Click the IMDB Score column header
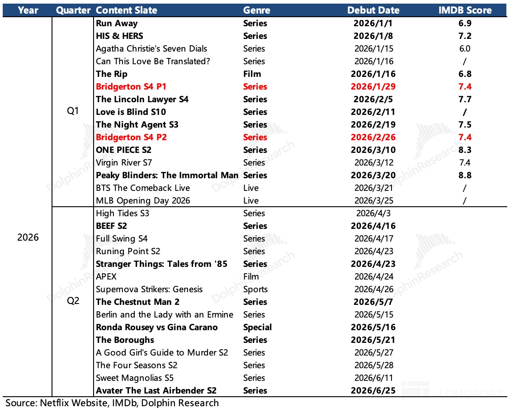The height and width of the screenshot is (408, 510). (x=465, y=10)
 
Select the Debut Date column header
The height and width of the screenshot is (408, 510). (x=373, y=10)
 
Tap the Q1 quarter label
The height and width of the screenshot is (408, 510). (x=73, y=111)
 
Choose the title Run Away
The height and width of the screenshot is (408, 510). (x=117, y=24)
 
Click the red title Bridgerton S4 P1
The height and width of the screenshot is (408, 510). (x=131, y=87)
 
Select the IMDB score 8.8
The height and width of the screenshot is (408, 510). (x=465, y=176)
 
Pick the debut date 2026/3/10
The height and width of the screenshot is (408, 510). (x=373, y=150)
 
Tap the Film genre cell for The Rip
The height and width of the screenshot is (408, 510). (x=252, y=74)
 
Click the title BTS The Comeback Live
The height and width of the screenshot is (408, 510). (x=143, y=188)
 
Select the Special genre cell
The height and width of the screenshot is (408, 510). (x=258, y=327)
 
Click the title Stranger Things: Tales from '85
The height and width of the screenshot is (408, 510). (x=161, y=264)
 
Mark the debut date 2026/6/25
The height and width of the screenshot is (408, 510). (x=373, y=391)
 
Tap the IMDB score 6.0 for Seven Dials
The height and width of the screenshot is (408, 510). (x=465, y=49)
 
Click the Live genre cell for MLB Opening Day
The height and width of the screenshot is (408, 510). (x=251, y=201)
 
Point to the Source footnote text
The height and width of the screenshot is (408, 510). (x=112, y=403)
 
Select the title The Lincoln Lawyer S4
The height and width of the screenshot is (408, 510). (x=142, y=100)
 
